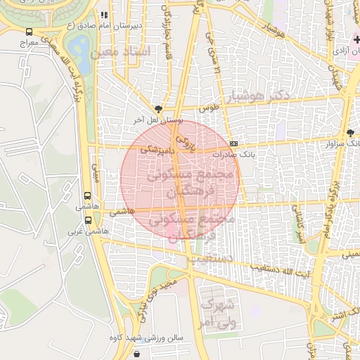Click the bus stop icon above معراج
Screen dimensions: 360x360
(29, 32)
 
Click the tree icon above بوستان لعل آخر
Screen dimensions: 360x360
(157, 109)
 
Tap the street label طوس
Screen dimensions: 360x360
(210, 109)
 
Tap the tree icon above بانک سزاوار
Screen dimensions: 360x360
(350, 133)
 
